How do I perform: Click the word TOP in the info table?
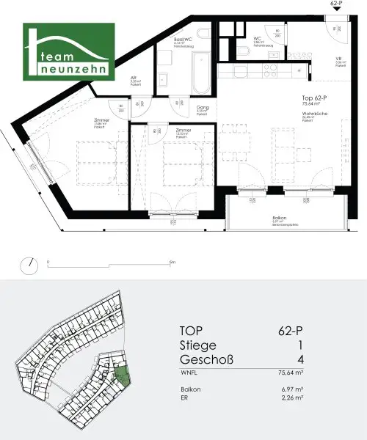coord(192,330)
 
